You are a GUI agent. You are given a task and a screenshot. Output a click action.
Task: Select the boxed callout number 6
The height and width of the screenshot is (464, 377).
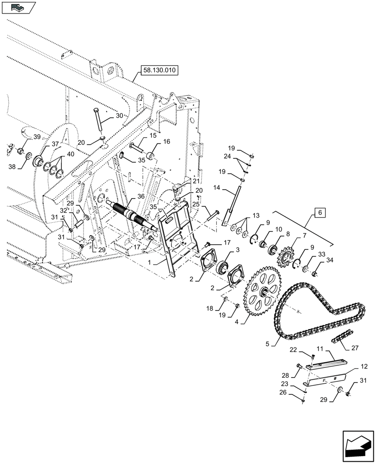320,213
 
